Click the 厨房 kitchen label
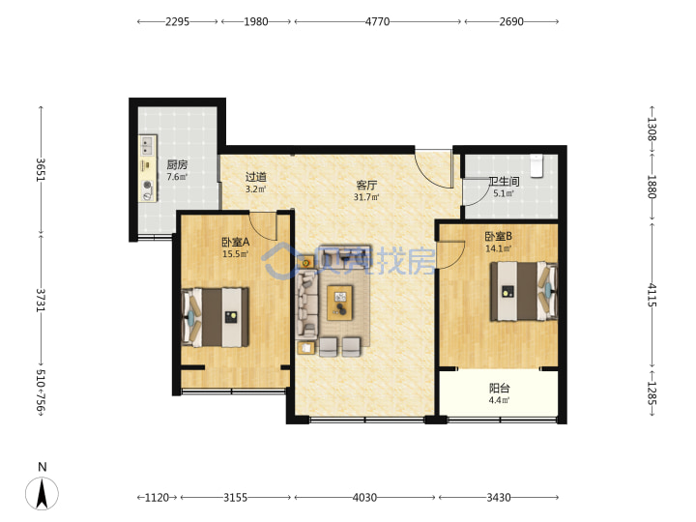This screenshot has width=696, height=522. pyautogui.click(x=177, y=165)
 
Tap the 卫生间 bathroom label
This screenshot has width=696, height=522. pyautogui.click(x=504, y=181)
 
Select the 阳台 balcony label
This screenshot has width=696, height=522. pyautogui.click(x=499, y=388)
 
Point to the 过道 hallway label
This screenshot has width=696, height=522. pyautogui.click(x=256, y=177)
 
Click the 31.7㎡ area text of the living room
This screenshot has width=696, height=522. pyautogui.click(x=366, y=197)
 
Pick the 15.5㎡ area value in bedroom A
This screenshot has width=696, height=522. pyautogui.click(x=235, y=254)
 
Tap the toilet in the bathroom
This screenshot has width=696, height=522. pyautogui.click(x=537, y=165)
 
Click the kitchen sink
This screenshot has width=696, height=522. pyautogui.click(x=147, y=145)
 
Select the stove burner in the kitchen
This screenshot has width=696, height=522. pyautogui.click(x=147, y=186)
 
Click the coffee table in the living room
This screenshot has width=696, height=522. pyautogui.click(x=340, y=303)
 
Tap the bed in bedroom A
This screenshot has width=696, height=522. pyautogui.click(x=216, y=317)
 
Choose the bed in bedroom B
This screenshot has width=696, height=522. pyautogui.click(x=524, y=291)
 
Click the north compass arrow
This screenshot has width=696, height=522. pyautogui.click(x=42, y=493)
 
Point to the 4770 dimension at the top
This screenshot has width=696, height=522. pyautogui.click(x=377, y=21)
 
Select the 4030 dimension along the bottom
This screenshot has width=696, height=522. pyautogui.click(x=364, y=498)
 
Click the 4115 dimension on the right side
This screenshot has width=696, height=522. pyautogui.click(x=652, y=295)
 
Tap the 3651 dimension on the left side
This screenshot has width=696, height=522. pyautogui.click(x=41, y=169)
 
